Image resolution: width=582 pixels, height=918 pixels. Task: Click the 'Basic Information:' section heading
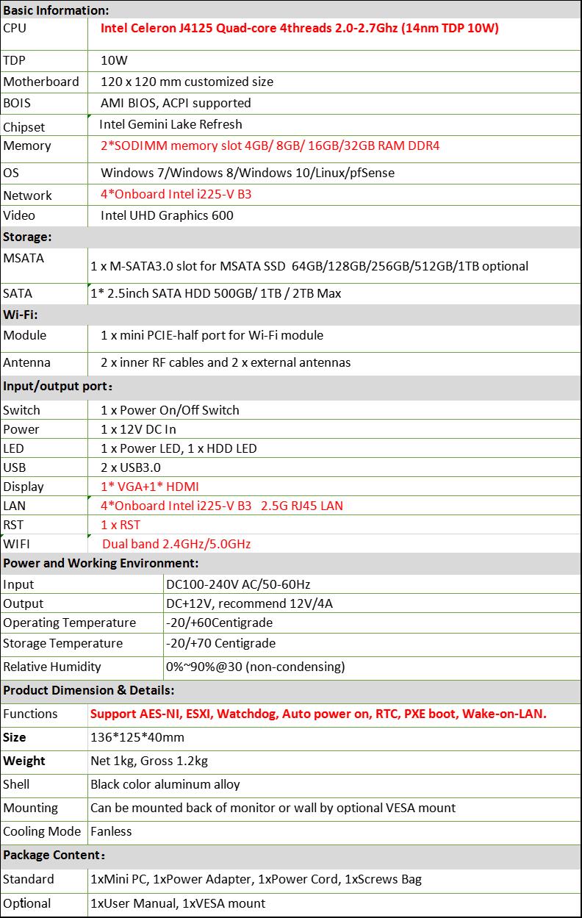coord(56,10)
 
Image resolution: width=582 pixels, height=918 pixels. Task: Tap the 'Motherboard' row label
coord(40,82)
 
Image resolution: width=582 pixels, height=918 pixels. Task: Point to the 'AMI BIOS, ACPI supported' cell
coord(176,103)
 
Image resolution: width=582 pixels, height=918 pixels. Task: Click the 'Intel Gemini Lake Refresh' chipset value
coord(170,124)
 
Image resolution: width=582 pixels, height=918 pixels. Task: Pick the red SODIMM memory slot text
coord(270,146)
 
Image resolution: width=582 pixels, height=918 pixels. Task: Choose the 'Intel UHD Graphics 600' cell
coord(167,215)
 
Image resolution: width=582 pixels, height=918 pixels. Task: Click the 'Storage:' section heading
coord(27,237)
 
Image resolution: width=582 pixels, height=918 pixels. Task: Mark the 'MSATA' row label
coord(24,258)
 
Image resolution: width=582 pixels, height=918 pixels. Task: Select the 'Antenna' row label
coord(27,362)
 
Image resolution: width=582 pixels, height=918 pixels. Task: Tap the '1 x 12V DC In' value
coord(138,429)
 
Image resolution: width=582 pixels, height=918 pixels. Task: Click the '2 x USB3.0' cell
coord(131,467)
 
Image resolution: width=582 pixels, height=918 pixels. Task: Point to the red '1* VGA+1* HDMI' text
coord(150,487)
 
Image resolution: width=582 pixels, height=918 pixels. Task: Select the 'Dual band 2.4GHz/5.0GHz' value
coord(176,544)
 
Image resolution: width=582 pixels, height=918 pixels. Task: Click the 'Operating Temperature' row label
coord(70,623)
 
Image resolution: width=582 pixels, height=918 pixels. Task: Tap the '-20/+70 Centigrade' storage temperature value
coord(221,643)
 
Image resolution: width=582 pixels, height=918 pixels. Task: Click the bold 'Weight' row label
coord(24,761)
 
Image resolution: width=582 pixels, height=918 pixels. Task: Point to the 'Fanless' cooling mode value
coord(111,831)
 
